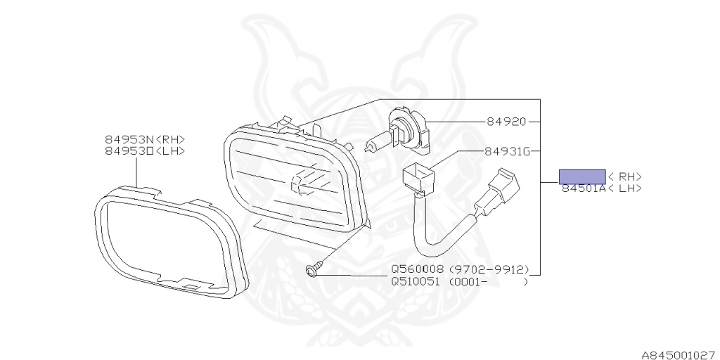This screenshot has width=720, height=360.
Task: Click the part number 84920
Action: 506,122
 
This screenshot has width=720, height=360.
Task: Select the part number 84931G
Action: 507,151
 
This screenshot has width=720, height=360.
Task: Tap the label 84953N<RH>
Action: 145,140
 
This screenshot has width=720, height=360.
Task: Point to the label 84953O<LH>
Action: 145,150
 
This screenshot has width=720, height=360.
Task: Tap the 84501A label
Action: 583,188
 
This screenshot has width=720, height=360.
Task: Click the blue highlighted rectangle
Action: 582,176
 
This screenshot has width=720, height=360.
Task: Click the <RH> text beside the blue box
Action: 625,176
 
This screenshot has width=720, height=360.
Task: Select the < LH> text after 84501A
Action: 625,188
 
